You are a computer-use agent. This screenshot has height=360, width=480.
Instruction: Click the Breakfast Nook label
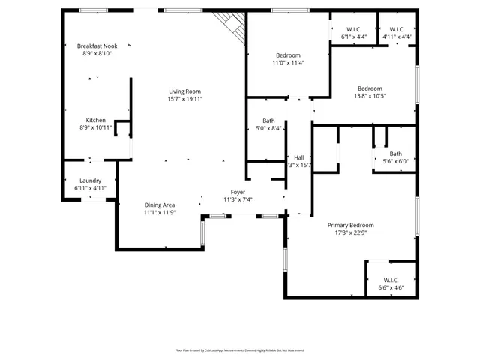pyautogui.click(x=97, y=46)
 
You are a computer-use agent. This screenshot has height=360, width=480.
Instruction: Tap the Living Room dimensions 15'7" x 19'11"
pyautogui.click(x=184, y=99)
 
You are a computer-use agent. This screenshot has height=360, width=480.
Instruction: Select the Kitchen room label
pyautogui.click(x=96, y=121)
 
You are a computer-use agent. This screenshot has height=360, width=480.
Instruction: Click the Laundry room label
pyautogui.click(x=90, y=181)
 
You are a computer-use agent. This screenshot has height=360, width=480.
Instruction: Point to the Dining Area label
pyautogui.click(x=160, y=205)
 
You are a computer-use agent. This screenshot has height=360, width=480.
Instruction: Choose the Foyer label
pyautogui.click(x=238, y=193)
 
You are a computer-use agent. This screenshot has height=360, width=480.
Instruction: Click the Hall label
pyautogui.click(x=298, y=157)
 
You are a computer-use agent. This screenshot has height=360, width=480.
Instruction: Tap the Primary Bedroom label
pyautogui.click(x=350, y=225)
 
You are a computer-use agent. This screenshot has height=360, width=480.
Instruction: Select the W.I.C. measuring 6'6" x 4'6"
pyautogui.click(x=391, y=280)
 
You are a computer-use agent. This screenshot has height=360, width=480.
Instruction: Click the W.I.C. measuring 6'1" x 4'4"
pyautogui.click(x=354, y=29)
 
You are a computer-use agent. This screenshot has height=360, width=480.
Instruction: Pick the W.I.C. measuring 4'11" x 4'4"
pyautogui.click(x=397, y=29)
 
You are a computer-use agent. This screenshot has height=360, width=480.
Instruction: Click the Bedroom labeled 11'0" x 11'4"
pyautogui.click(x=288, y=55)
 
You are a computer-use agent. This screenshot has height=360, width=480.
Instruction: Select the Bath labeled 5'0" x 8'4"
pyautogui.click(x=268, y=121)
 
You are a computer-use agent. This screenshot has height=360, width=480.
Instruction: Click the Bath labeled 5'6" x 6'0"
pyautogui.click(x=395, y=154)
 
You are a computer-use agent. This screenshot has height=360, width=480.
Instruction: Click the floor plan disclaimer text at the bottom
pyautogui.click(x=240, y=349)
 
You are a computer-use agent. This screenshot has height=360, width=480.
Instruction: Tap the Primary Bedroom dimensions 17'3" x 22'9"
pyautogui.click(x=350, y=232)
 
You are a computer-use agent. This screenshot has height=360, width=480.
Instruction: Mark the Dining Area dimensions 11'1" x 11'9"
pyautogui.click(x=160, y=212)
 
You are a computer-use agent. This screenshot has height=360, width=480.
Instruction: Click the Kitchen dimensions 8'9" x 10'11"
pyautogui.click(x=96, y=128)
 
